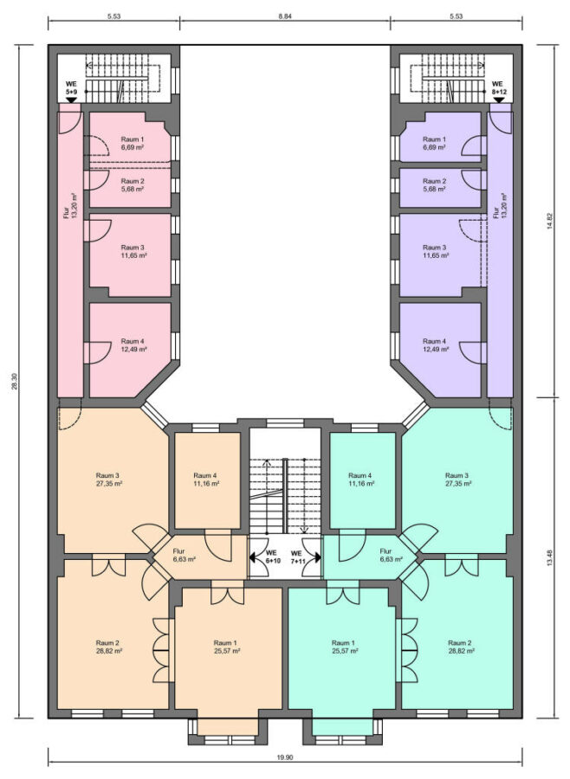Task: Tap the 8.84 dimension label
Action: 285,16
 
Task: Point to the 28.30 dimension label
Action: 15,381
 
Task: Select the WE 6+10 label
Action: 271,557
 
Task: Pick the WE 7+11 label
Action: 297,557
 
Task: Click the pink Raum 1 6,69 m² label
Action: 133,143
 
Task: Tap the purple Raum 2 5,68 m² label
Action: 434,185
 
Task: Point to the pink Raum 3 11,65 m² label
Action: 133,251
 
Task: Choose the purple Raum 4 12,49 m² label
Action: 434,345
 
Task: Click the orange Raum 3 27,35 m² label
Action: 109,479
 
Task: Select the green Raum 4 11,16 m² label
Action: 361,479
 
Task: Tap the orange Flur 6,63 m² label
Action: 184,555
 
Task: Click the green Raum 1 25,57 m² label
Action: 345,647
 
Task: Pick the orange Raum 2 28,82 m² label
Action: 109,647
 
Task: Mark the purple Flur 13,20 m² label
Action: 499,206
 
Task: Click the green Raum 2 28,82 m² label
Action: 461,647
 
